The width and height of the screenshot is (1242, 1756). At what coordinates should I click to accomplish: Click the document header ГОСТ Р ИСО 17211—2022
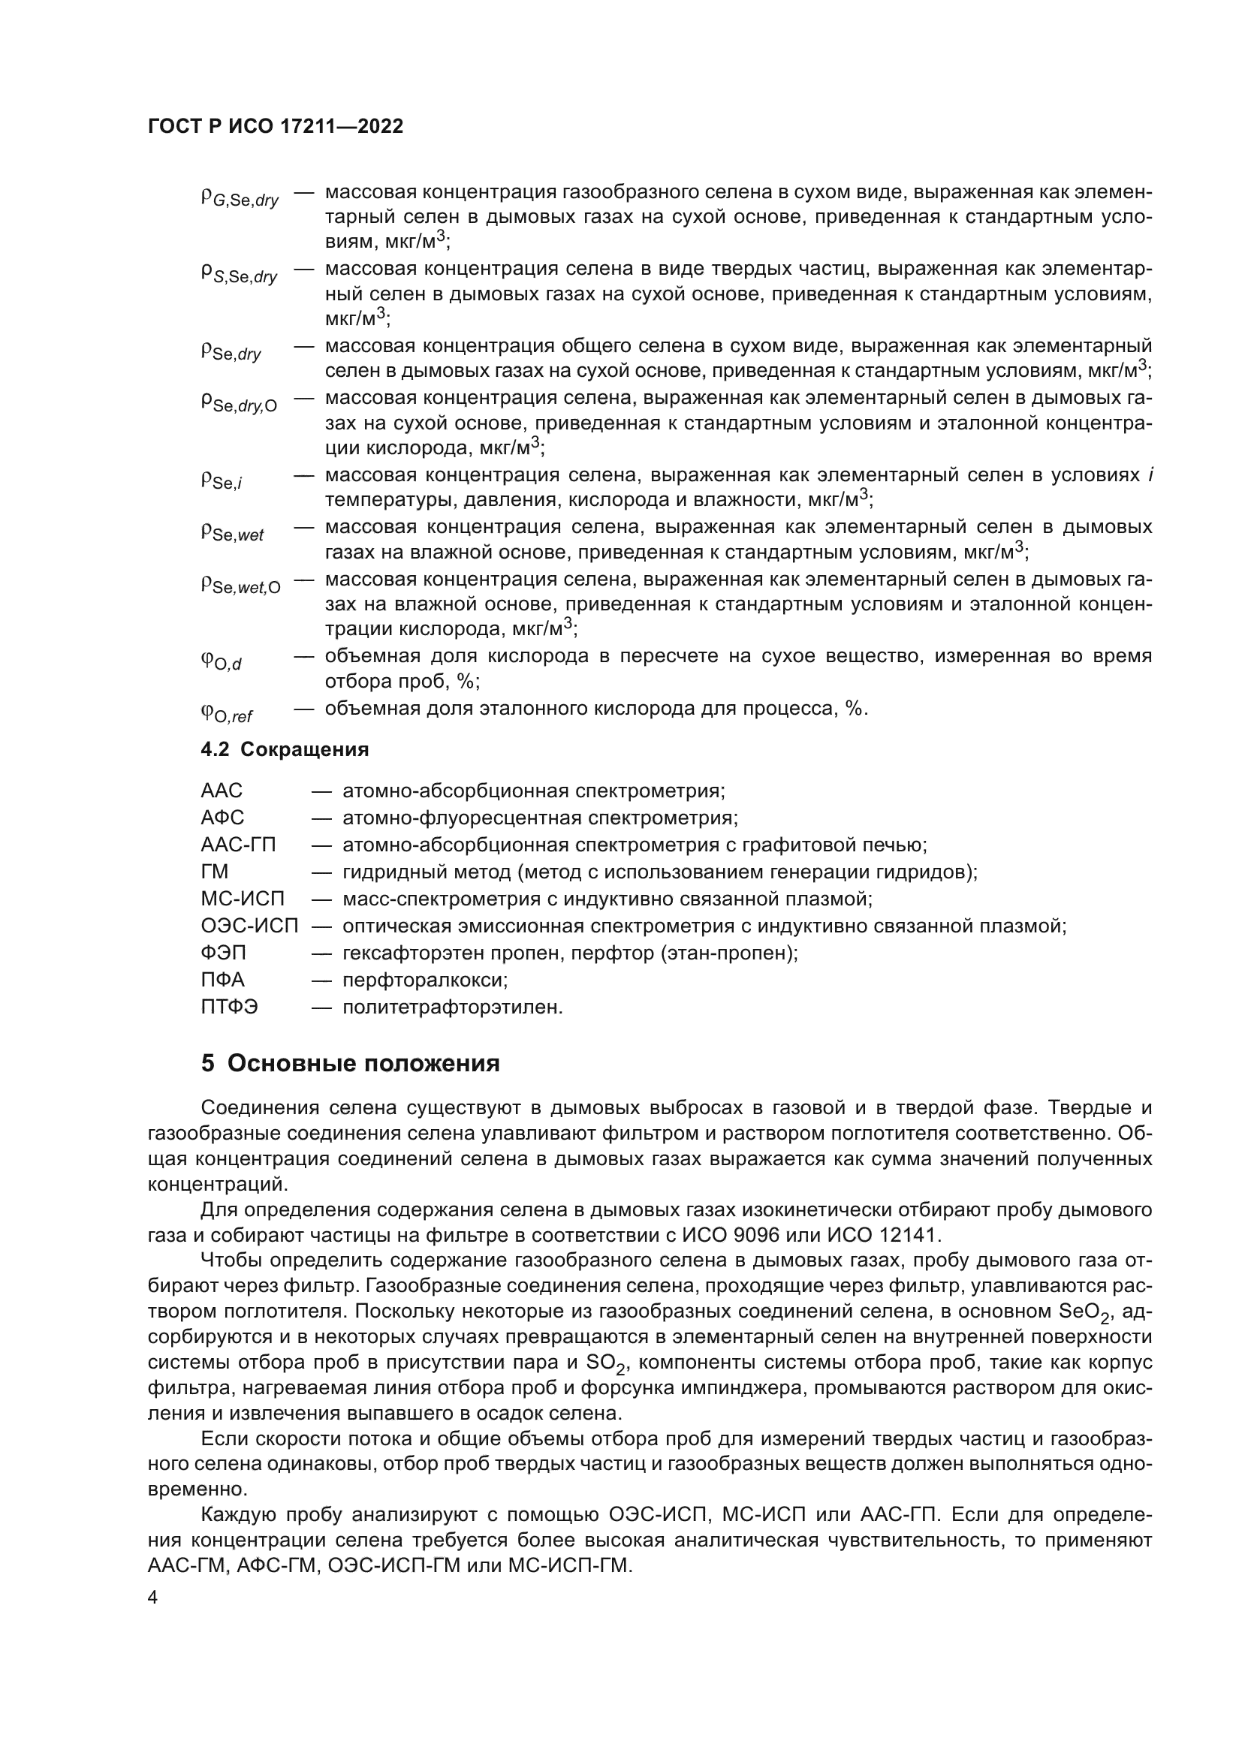coord(275,126)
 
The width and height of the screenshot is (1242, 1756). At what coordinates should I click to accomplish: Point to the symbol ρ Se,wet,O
coord(240,585)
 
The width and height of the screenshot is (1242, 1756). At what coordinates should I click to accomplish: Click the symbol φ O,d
coord(221,661)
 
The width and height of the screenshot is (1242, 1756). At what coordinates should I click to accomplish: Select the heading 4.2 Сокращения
coord(285,749)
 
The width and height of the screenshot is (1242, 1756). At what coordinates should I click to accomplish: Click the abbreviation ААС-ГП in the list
coord(238,845)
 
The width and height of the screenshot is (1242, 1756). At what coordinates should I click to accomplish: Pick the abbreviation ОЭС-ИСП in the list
coord(249,926)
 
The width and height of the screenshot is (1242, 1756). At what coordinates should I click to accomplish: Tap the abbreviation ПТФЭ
coord(230,1008)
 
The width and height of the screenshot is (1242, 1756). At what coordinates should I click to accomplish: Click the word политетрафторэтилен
coord(452,1008)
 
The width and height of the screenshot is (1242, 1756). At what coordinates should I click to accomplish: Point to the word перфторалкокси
coord(424,980)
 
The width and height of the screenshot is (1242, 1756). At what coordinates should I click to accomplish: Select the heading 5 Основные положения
coord(350,1063)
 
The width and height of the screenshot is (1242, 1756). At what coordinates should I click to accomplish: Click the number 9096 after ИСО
coord(793,1235)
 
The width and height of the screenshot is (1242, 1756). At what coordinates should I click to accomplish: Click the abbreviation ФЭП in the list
coord(223,953)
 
